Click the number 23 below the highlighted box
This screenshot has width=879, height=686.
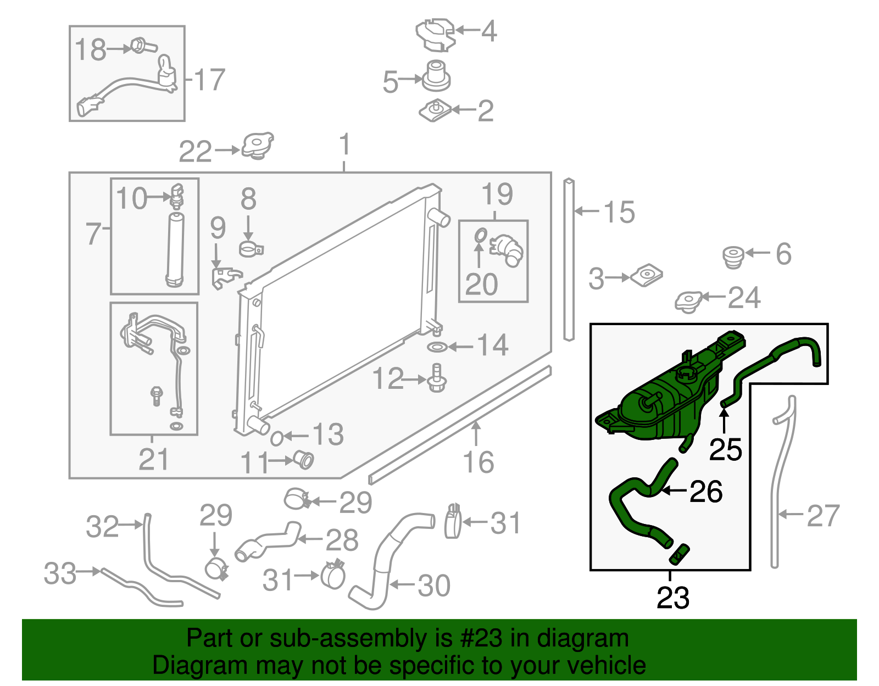coord(672,598)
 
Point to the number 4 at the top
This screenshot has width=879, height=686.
coord(489,31)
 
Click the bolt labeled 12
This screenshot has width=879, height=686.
coord(437,378)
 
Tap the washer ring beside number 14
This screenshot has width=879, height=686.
coord(437,347)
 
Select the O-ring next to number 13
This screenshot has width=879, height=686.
coord(277,438)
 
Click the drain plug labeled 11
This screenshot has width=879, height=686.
coord(304,459)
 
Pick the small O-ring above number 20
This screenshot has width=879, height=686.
coord(480,235)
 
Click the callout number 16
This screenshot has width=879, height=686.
coord(478,462)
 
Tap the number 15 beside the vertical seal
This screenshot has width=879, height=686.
coord(619,212)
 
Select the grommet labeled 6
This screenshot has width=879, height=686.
coord(733,256)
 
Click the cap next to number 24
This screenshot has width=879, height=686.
coord(688,302)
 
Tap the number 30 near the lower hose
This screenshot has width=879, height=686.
coord(434,585)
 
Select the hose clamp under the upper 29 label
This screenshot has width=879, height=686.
coord(216,569)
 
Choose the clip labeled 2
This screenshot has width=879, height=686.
coord(435,111)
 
